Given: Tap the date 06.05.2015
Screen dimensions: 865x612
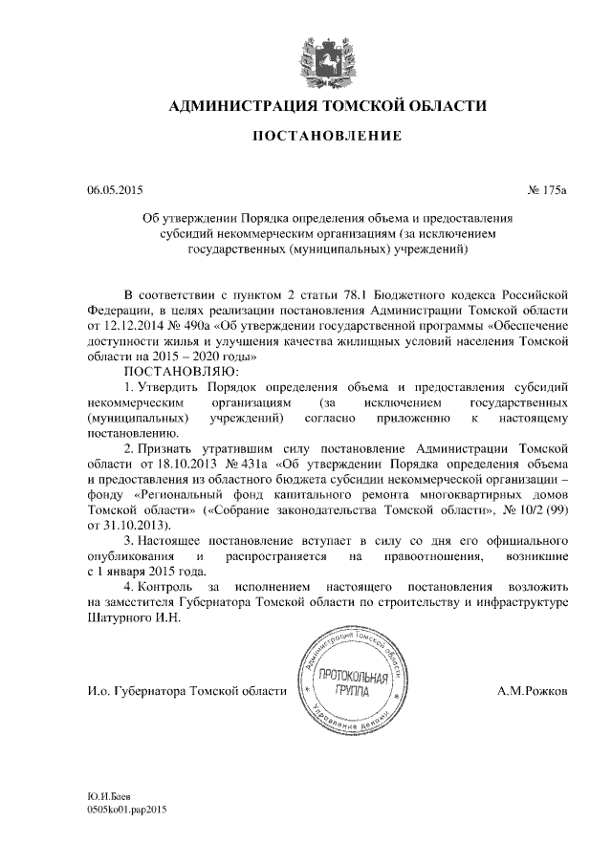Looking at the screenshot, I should point(114,191).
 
